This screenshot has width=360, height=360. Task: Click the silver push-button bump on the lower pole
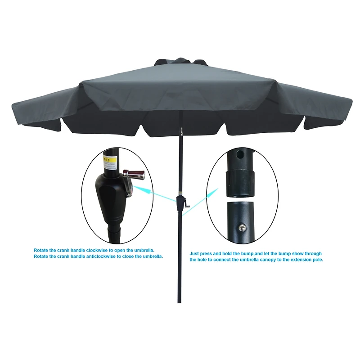pos(243,228)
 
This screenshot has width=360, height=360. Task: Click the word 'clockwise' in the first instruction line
pos(108,250)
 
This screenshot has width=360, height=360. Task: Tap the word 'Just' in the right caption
pos(194,253)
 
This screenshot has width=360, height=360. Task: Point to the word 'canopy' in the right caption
pos(266,260)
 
